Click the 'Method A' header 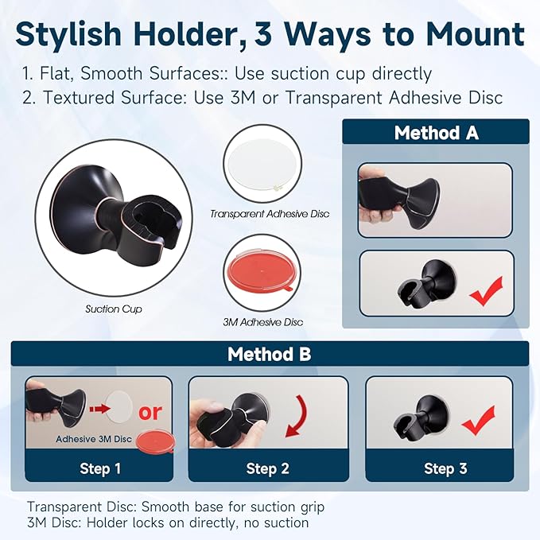click(x=436, y=132)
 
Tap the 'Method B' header click(x=270, y=354)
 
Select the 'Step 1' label click(x=100, y=468)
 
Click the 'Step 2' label click(x=267, y=468)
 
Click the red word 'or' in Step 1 click(x=150, y=411)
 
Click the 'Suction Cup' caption click(x=114, y=309)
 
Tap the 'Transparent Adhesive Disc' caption click(x=270, y=214)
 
